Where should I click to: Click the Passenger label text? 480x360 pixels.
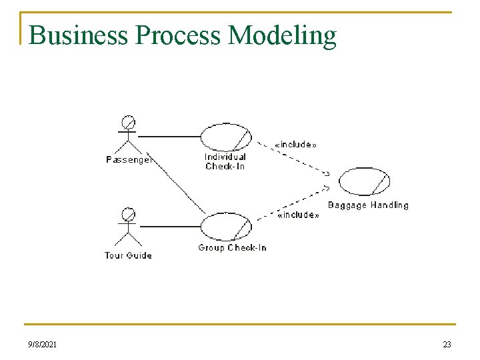coord(129,160)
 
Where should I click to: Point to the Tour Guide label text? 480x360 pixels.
coord(129,255)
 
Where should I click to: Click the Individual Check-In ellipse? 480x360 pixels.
coord(226,137)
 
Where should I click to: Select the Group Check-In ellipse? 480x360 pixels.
coord(226,227)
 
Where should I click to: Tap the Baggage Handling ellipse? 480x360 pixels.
coord(364,181)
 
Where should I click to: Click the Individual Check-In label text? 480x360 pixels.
coord(225,161)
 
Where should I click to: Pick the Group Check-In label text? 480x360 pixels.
coord(232,248)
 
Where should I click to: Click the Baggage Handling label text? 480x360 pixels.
coord(368,205)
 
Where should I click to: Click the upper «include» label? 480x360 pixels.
coord(295,144)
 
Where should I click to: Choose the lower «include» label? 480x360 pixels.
coord(298,215)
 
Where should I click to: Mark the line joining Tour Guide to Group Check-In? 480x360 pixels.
coord(169,227)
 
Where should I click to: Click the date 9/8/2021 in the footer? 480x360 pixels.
coord(42,344)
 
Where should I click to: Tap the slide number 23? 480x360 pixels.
coord(447,344)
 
